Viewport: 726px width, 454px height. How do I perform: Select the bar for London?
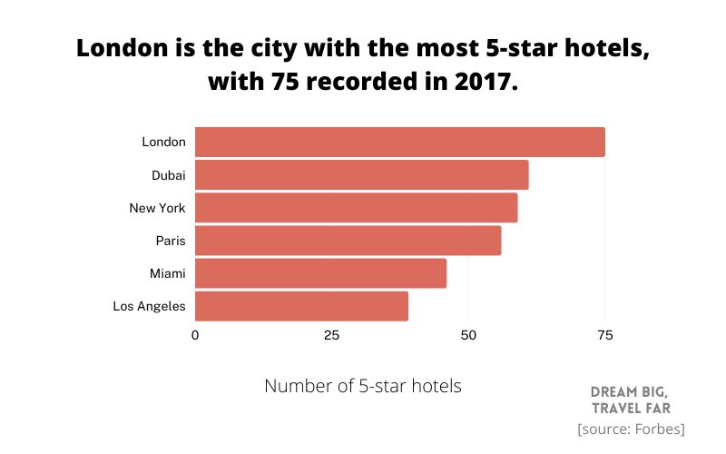click(399, 143)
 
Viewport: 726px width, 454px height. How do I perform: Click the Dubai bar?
click(361, 175)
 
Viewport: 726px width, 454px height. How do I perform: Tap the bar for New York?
click(356, 208)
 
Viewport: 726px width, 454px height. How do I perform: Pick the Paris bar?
click(348, 241)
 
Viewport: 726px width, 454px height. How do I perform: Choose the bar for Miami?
click(320, 273)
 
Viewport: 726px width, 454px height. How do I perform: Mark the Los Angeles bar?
click(301, 306)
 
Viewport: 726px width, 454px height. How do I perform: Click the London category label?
click(163, 143)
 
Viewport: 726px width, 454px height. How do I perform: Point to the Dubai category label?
click(168, 175)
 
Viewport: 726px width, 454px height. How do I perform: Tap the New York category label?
click(157, 208)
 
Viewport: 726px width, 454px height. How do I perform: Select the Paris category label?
click(171, 241)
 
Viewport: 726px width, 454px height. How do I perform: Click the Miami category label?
click(167, 273)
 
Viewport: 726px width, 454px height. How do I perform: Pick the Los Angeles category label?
click(149, 306)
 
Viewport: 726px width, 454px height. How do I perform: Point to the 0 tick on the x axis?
click(195, 336)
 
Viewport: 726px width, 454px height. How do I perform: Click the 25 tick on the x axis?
click(331, 336)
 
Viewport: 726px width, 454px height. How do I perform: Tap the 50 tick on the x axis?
click(468, 336)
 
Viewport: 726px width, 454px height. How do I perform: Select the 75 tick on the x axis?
click(604, 336)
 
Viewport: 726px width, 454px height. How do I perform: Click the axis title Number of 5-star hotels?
click(363, 386)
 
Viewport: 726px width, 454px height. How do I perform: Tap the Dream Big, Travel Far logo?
click(631, 400)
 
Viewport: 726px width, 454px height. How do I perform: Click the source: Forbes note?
click(631, 429)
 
